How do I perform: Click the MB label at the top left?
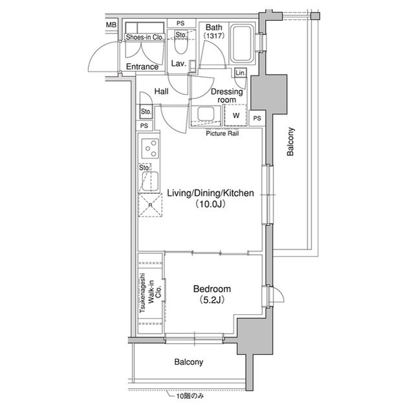pyautogui.click(x=111, y=25)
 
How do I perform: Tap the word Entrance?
pyautogui.click(x=142, y=67)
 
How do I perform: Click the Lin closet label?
pyautogui.click(x=240, y=72)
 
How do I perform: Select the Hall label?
pyautogui.click(x=161, y=92)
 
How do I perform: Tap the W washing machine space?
pyautogui.click(x=235, y=116)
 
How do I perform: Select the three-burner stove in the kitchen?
pyautogui.click(x=150, y=150)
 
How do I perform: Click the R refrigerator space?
pyautogui.click(x=150, y=206)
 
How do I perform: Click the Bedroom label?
pyautogui.click(x=212, y=289)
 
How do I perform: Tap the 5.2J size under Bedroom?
pyautogui.click(x=212, y=301)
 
